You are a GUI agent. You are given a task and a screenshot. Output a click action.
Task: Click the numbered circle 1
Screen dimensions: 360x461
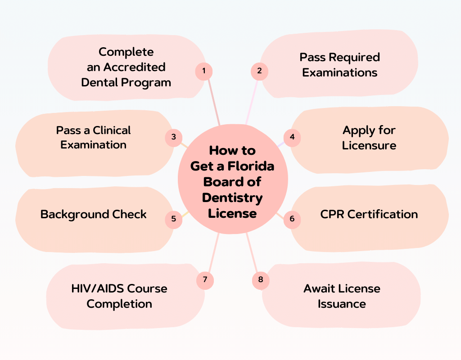(204, 71)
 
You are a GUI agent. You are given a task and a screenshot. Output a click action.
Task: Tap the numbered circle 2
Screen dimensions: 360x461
(259, 71)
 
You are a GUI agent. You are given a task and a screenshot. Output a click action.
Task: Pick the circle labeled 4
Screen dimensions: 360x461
(292, 137)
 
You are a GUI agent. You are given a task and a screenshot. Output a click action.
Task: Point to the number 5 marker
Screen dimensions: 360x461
(174, 220)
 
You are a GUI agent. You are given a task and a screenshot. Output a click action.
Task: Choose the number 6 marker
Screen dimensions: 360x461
(292, 219)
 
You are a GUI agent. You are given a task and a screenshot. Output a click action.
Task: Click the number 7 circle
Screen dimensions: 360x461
(205, 280)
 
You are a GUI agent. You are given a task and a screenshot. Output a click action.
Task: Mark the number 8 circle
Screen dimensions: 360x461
(260, 280)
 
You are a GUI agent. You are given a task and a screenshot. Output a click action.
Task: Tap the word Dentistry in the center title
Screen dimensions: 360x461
(232, 197)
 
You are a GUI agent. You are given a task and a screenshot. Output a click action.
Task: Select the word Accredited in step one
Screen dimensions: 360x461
(135, 67)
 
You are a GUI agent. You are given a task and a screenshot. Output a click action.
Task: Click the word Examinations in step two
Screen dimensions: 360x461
(339, 72)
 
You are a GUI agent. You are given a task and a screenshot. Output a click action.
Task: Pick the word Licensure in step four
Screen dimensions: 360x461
(369, 145)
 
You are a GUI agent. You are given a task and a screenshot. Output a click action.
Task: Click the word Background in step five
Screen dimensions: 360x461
(68, 214)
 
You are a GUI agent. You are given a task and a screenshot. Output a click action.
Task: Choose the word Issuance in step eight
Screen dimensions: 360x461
(342, 304)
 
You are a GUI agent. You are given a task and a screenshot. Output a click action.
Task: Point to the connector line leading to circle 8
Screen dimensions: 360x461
(253, 254)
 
